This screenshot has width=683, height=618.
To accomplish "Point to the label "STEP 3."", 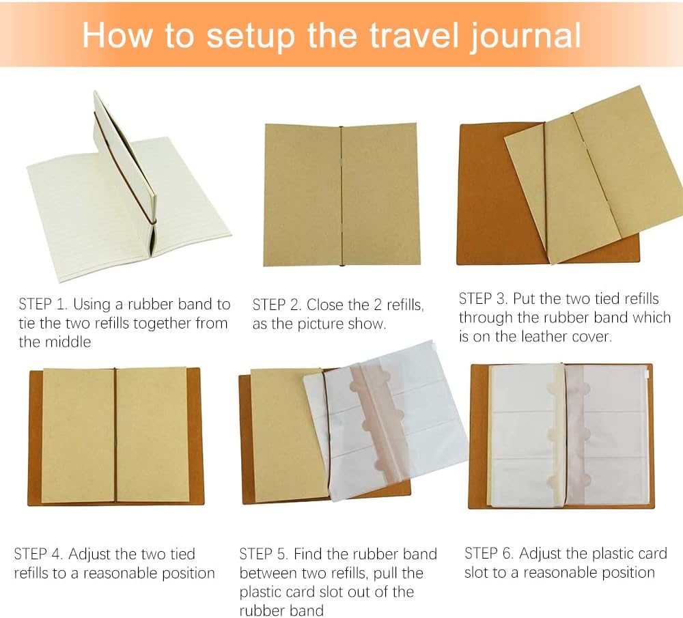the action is (483, 299).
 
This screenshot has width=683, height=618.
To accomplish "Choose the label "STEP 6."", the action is (489, 554).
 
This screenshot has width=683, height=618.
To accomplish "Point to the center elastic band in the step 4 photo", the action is (115, 436).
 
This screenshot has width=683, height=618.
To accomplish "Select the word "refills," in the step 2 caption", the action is (405, 305).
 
